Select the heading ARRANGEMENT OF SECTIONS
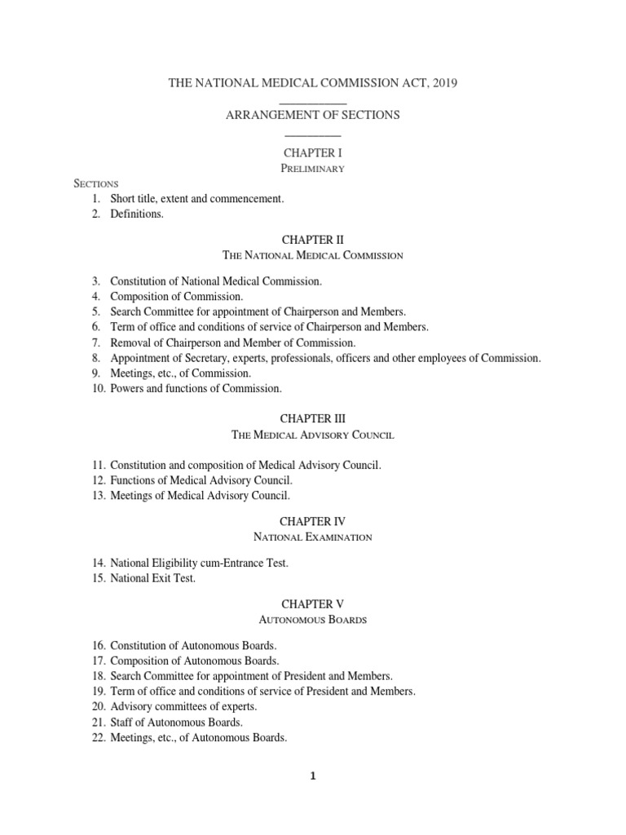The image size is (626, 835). (x=313, y=115)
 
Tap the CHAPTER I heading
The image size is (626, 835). (x=313, y=152)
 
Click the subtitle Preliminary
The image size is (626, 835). (x=313, y=169)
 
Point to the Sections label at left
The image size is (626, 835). (x=97, y=183)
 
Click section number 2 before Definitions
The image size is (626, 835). (x=96, y=214)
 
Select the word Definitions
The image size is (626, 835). (x=137, y=214)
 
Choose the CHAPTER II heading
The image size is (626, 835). (x=313, y=240)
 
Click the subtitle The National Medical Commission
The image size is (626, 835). (x=313, y=255)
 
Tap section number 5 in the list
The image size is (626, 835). (x=96, y=311)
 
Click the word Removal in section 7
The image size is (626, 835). (x=129, y=342)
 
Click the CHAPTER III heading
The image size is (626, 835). (x=313, y=418)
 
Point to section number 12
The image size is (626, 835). (x=99, y=480)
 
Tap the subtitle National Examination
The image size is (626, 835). (x=313, y=537)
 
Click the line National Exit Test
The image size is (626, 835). (x=153, y=579)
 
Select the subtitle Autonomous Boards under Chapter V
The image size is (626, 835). (x=313, y=620)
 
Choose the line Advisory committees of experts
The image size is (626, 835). (x=183, y=706)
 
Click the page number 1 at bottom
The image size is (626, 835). (x=313, y=776)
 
